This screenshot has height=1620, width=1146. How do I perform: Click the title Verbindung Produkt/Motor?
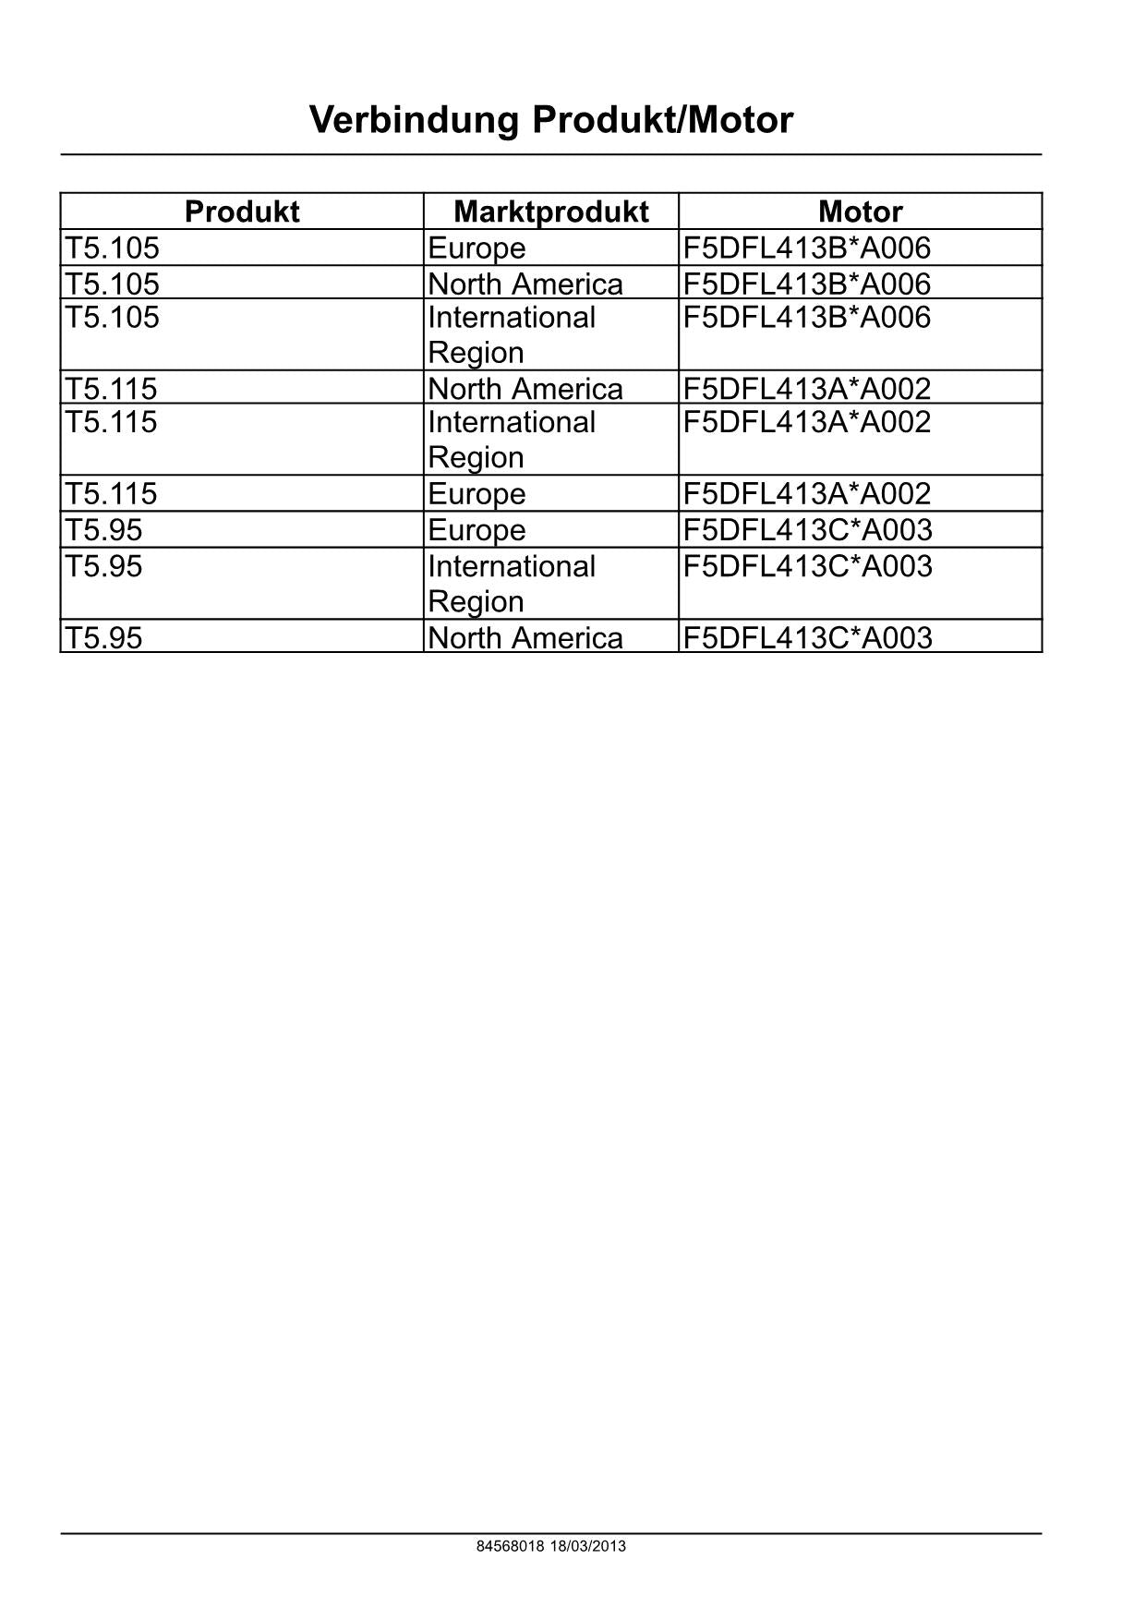pyautogui.click(x=551, y=120)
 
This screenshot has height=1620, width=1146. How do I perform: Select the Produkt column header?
pyautogui.click(x=242, y=212)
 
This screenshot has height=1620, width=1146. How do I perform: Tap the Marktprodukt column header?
pyautogui.click(x=551, y=212)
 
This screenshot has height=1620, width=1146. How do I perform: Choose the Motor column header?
pyautogui.click(x=860, y=212)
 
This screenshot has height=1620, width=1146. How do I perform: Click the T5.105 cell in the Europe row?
pyautogui.click(x=112, y=248)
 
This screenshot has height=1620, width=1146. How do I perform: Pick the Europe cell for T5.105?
pyautogui.click(x=476, y=248)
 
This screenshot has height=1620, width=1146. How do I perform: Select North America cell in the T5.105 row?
pyautogui.click(x=525, y=284)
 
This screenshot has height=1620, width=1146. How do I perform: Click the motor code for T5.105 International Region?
pyautogui.click(x=807, y=318)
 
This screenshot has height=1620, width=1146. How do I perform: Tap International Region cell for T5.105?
pyautogui.click(x=512, y=334)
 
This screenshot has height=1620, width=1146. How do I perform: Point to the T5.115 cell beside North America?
pyautogui.click(x=111, y=388)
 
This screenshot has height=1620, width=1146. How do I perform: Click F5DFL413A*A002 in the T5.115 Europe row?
pyautogui.click(x=807, y=493)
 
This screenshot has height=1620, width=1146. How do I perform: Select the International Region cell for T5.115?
pyautogui.click(x=512, y=440)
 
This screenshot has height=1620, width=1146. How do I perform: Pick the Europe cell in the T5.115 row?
pyautogui.click(x=476, y=494)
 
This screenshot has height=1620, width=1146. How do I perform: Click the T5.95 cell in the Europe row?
pyautogui.click(x=103, y=530)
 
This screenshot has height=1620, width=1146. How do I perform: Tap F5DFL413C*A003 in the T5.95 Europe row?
pyautogui.click(x=808, y=530)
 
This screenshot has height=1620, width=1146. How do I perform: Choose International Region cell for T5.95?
pyautogui.click(x=512, y=584)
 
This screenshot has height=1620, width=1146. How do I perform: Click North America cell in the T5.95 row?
pyautogui.click(x=525, y=637)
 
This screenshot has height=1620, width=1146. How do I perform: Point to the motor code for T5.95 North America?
pyautogui.click(x=808, y=637)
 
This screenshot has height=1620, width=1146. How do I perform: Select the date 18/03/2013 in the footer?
pyautogui.click(x=587, y=1546)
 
